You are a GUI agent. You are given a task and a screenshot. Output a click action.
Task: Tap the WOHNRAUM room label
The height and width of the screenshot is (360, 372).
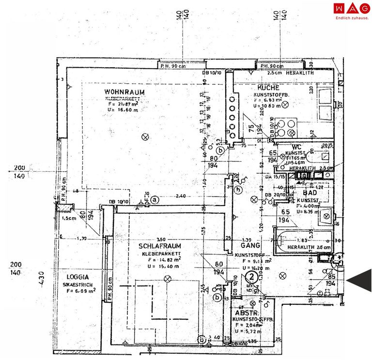124,92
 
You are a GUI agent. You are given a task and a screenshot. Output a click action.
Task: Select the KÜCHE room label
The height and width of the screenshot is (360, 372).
268,88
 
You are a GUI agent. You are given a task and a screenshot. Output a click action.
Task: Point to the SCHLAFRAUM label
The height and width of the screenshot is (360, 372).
159,246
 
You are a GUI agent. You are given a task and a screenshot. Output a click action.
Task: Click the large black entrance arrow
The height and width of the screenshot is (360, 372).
361,280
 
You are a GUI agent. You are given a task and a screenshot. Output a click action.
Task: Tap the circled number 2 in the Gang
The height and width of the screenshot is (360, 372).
252,278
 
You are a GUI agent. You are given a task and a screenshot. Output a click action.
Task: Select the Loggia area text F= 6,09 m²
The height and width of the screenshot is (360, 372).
78,291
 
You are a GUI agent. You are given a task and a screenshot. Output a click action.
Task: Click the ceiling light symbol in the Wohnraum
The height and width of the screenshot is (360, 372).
144,137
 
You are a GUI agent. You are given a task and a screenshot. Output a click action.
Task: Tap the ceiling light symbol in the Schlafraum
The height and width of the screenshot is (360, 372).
168,278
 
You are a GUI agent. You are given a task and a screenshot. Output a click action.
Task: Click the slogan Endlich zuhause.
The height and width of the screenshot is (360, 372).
351,18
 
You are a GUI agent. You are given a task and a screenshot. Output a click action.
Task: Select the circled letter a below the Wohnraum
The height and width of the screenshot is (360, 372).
155,198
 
